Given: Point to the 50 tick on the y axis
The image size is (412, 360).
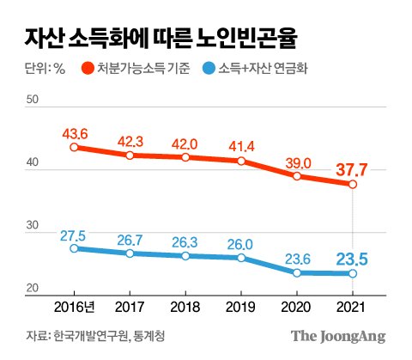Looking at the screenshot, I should (x=33, y=101).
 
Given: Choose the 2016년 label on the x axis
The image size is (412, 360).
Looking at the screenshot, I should (x=75, y=308).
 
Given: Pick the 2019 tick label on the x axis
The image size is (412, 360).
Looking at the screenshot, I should (x=241, y=308).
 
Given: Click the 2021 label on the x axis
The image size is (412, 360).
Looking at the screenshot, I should (x=353, y=308).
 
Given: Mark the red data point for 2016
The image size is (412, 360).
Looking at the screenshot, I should (x=75, y=147).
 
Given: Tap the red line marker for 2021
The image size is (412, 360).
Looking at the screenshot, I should (x=353, y=184).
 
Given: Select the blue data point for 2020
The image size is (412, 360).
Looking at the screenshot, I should (x=297, y=272).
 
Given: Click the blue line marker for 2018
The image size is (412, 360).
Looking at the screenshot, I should (x=185, y=256).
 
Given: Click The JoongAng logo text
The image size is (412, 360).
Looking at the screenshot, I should (x=336, y=336).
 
